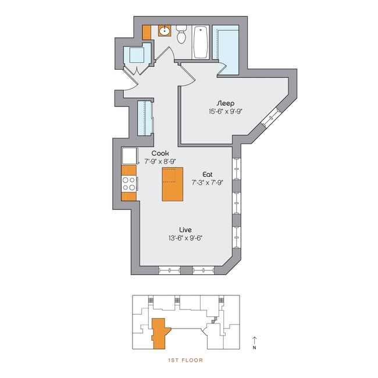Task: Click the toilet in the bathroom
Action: click(181, 36)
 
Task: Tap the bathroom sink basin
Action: click(164, 31)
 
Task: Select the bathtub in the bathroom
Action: click(201, 42)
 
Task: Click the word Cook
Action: click(160, 153)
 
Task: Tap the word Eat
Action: click(208, 174)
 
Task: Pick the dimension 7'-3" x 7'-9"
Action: click(208, 182)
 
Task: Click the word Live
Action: click(186, 230)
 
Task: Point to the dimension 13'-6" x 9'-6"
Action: click(186, 238)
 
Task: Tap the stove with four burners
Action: click(129, 184)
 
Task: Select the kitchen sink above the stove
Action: click(129, 156)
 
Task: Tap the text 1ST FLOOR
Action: click(184, 361)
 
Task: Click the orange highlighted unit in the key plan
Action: click(158, 333)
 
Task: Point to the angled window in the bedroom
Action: click(272, 120)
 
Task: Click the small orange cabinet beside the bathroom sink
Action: click(147, 31)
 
